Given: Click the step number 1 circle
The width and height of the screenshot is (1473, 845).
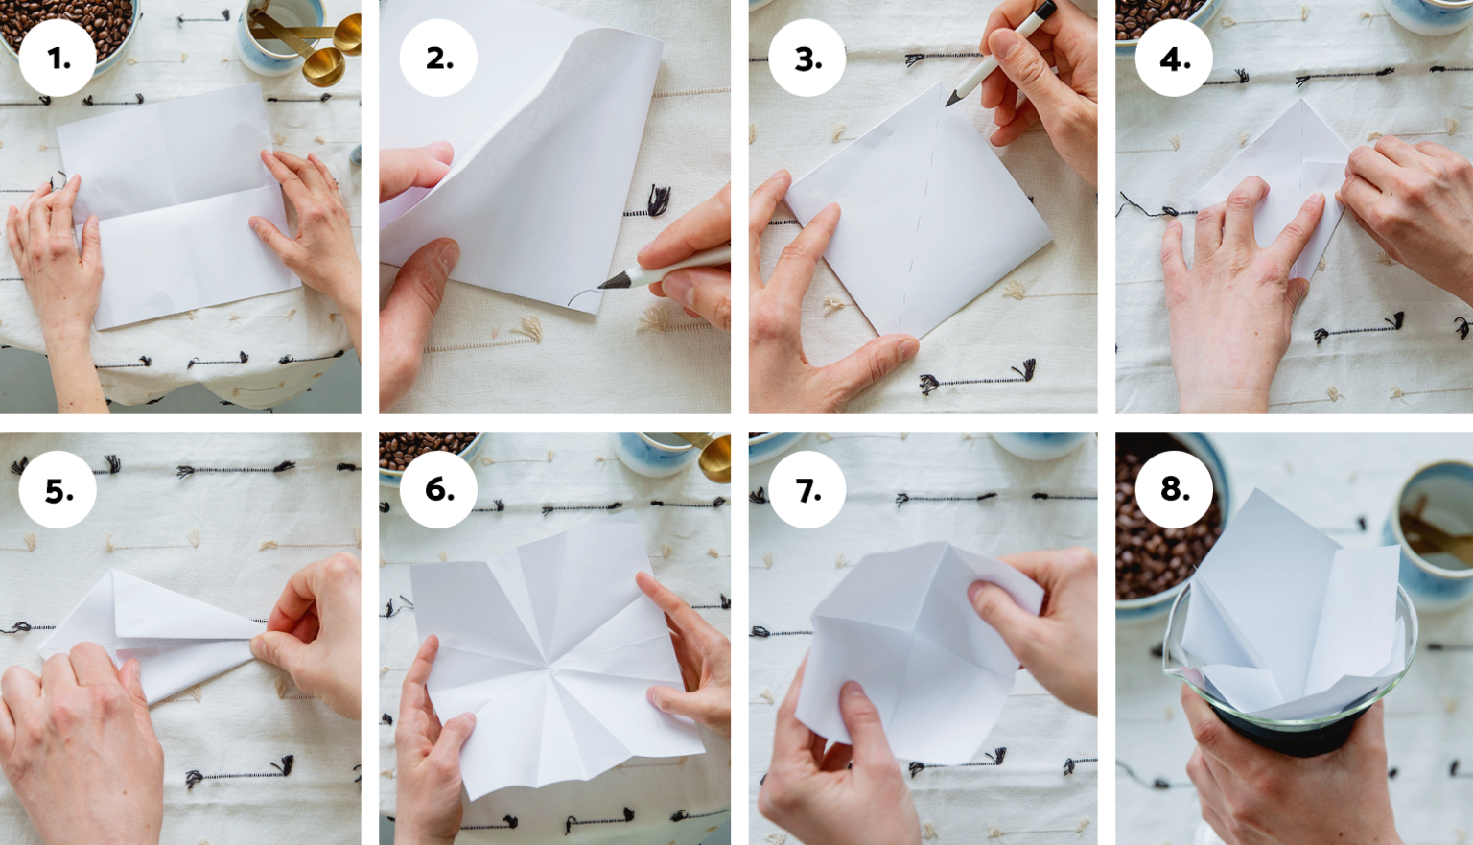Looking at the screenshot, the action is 58,59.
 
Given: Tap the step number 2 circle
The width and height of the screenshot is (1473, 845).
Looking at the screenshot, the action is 438,59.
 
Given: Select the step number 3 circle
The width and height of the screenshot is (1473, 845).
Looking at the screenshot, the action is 807,59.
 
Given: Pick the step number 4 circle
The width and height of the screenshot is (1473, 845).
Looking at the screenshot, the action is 1175,59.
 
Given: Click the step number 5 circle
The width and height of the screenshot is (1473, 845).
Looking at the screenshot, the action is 58,490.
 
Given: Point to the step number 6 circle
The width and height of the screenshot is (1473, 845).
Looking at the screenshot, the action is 438,490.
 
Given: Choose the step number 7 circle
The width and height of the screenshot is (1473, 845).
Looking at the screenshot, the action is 807,490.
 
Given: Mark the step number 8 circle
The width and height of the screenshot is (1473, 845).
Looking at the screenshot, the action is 1175,490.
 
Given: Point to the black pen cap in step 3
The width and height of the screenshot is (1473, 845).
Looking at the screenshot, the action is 1045,10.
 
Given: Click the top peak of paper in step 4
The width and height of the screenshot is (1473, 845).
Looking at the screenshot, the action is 1301,100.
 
